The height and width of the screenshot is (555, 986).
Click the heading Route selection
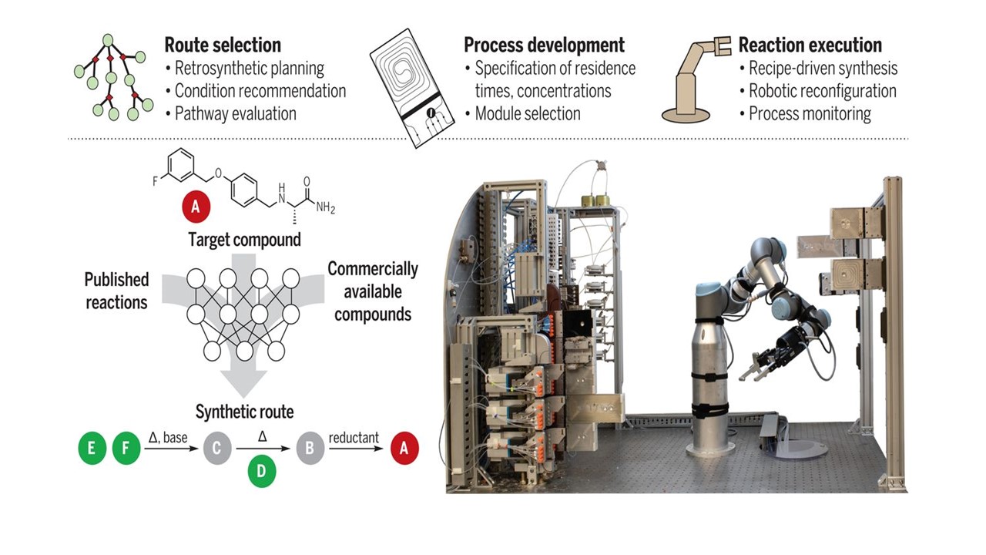point(223,45)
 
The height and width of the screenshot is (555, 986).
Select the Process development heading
point(544,45)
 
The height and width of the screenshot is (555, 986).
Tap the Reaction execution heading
point(810,45)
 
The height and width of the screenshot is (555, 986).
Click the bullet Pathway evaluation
point(236,113)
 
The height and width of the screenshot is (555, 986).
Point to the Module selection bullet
point(528,113)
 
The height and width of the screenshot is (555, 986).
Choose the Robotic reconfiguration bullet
point(823,91)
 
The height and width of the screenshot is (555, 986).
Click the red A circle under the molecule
point(196,207)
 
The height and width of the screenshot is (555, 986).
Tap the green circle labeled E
point(92,449)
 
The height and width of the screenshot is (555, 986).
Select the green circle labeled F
point(126,449)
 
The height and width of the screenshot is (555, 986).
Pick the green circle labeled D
point(261,471)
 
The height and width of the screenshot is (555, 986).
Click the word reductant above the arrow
point(354,438)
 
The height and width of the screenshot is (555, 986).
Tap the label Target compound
point(244,240)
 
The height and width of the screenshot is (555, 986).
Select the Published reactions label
point(116,290)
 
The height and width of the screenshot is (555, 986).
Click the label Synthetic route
point(244,412)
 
